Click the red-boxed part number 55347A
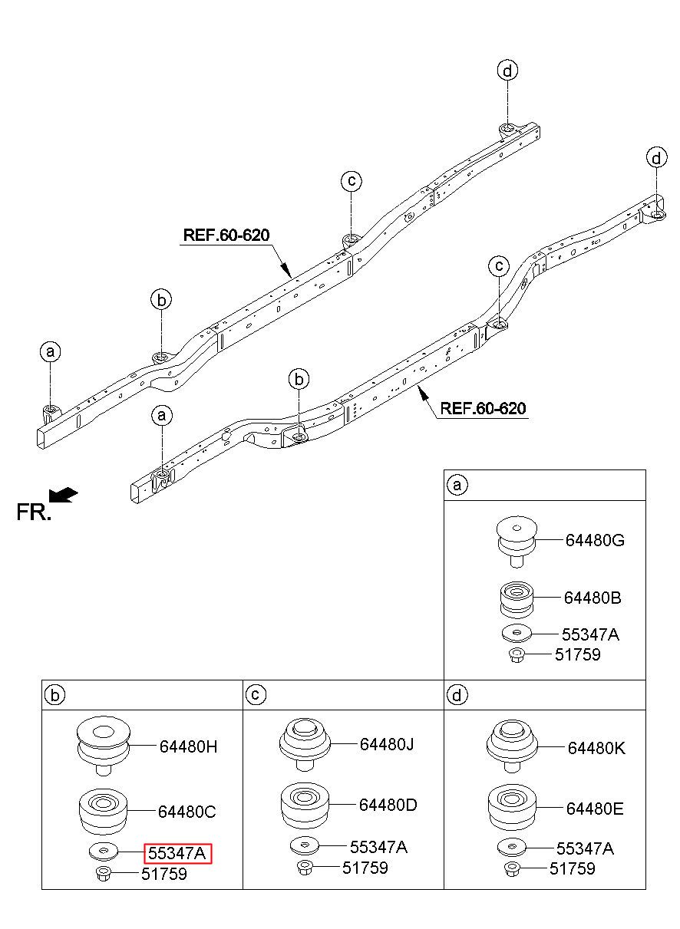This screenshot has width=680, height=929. point(177,854)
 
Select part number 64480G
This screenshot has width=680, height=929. point(595,540)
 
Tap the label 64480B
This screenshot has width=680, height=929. point(593,598)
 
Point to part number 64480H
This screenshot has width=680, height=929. point(188,747)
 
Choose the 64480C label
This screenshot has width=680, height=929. point(187,812)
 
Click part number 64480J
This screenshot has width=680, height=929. point(387,744)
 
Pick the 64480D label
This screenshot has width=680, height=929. point(388,805)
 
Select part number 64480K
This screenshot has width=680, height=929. point(596,748)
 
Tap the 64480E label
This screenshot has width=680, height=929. point(595,809)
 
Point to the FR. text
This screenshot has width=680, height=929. point(34,512)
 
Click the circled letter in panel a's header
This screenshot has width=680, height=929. point(457,485)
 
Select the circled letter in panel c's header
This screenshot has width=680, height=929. point(256,695)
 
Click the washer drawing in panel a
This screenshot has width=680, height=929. point(517,634)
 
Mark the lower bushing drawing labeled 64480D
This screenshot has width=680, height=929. point(305,807)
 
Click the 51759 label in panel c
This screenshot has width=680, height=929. point(365,868)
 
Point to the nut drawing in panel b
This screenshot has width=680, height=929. point(104,874)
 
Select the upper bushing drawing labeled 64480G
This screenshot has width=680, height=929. point(517,542)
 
